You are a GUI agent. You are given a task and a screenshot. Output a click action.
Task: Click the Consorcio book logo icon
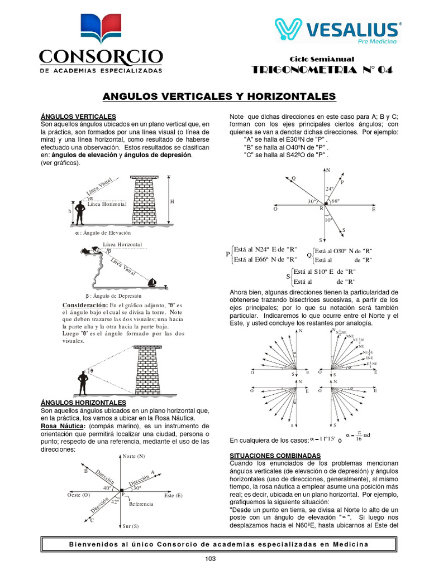(x=100, y=31)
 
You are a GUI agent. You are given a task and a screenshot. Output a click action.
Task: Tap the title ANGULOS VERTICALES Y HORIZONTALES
(x=220, y=96)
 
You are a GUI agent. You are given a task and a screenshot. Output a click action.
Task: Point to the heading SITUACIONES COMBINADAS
(x=271, y=456)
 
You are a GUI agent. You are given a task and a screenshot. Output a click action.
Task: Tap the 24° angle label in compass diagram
(x=329, y=188)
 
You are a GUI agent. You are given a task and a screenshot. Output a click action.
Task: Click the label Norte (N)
(x=134, y=456)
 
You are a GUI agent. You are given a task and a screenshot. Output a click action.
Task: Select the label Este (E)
(x=173, y=495)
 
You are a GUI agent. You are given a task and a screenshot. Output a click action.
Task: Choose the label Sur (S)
(x=131, y=526)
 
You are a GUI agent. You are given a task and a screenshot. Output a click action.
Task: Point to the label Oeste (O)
(x=78, y=495)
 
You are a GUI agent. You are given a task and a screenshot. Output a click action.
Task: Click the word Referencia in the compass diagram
(x=141, y=504)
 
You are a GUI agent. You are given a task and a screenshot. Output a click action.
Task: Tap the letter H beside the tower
(x=173, y=201)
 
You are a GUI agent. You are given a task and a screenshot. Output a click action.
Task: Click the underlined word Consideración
(x=84, y=306)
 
